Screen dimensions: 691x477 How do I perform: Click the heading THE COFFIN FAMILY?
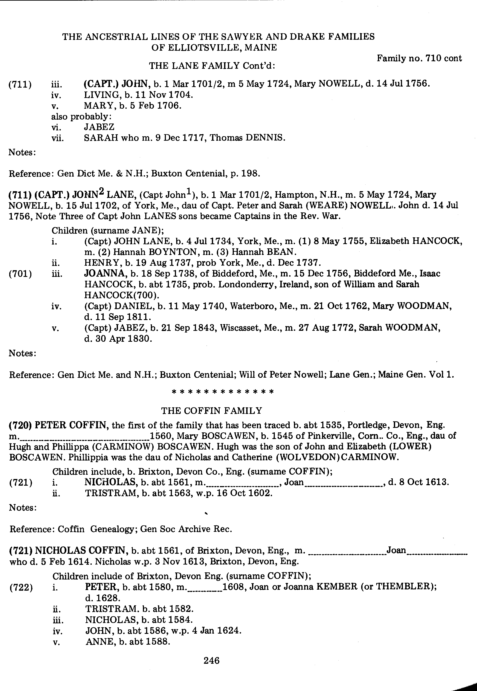click(x=212, y=411)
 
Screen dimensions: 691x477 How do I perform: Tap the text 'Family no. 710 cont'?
click(x=419, y=58)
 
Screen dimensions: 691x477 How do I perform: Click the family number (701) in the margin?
click(x=20, y=274)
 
